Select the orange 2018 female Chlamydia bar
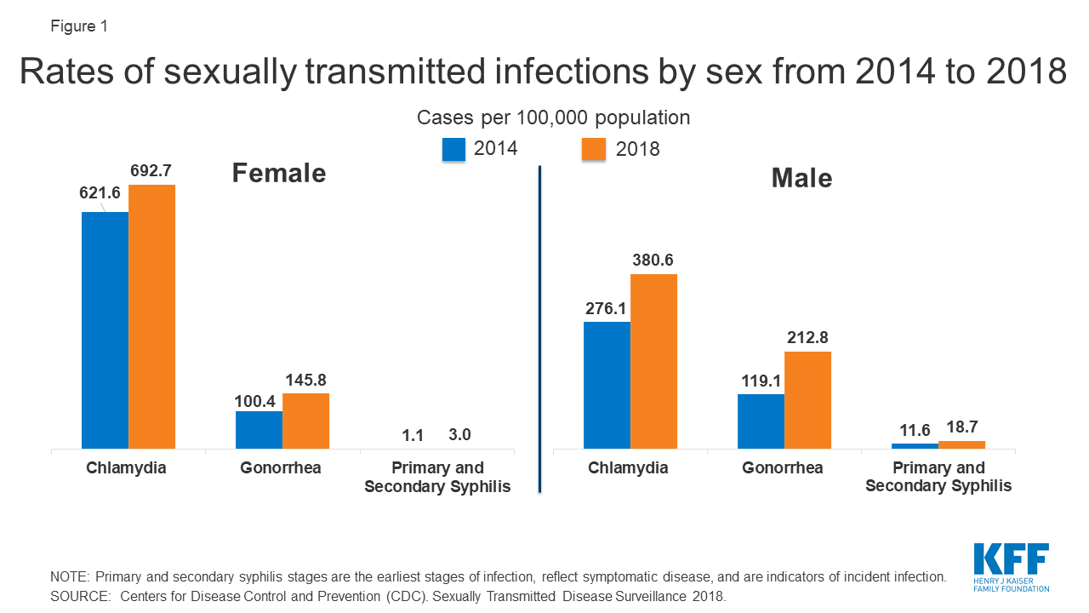pos(151,317)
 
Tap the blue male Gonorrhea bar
pos(761,421)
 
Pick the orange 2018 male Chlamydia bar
pos(653,361)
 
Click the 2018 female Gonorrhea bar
pos(305,421)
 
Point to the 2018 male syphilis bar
pos(961,444)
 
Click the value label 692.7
pos(152,171)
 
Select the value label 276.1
pos(607,308)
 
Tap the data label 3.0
pos(459,435)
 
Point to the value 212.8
pos(807,338)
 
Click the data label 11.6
pos(915,430)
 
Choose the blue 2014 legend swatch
pos(453,149)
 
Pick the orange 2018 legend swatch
pos(593,149)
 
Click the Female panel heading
pos(279,174)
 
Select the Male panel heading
pos(801,178)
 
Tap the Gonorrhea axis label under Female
pos(282,468)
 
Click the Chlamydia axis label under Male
pos(630,468)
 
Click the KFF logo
pos(1011,567)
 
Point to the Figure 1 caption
pos(79,26)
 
